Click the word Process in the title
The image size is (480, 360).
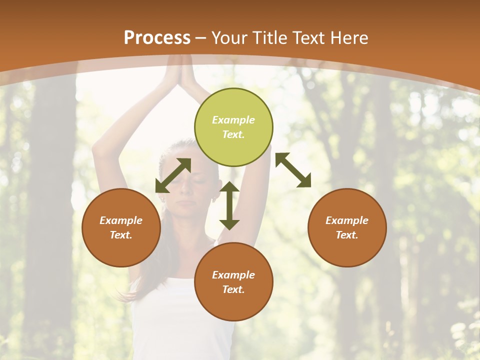[x=157, y=37]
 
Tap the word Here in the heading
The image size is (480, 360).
[x=349, y=37]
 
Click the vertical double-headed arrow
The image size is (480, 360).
[x=229, y=205]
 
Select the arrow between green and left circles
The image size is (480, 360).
[x=173, y=175]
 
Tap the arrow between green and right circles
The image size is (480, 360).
[x=293, y=170]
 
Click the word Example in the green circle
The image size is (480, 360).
[x=233, y=120]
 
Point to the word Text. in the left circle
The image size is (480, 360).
[x=121, y=235]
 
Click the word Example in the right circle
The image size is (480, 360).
[x=347, y=220]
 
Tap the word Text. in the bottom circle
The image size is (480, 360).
[x=233, y=289]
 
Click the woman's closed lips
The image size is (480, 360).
[x=186, y=203]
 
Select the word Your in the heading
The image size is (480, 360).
[x=228, y=37]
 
